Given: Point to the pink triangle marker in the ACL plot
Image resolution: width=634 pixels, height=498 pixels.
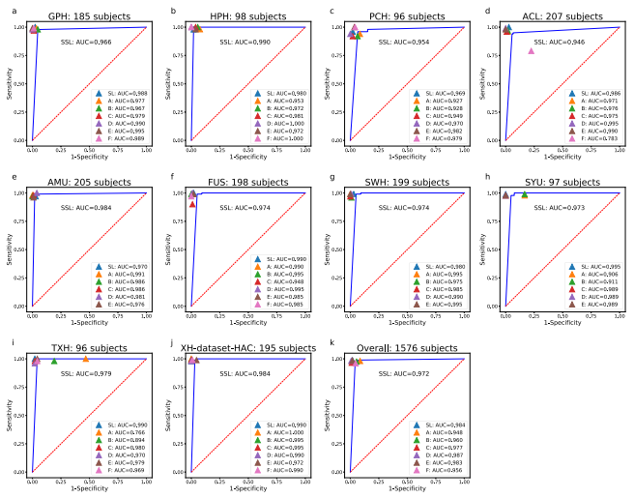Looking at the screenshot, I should click(x=531, y=50).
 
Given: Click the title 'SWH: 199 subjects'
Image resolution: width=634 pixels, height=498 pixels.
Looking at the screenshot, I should click(x=406, y=182).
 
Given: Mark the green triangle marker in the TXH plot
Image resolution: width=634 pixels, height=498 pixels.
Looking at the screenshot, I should click(x=54, y=361).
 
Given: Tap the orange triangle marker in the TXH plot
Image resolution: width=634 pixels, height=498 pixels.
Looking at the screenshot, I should click(x=85, y=359).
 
